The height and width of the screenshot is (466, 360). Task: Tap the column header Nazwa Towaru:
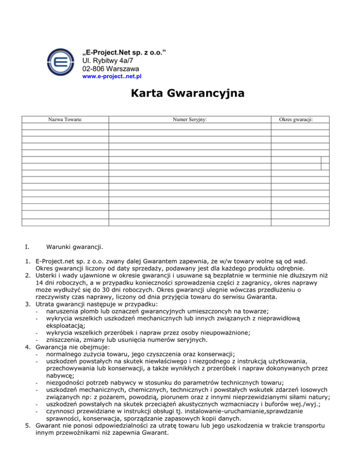pos(66,120)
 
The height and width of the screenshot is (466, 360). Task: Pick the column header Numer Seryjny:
pos(190,120)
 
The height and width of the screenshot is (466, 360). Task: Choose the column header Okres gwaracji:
pos(296,120)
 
